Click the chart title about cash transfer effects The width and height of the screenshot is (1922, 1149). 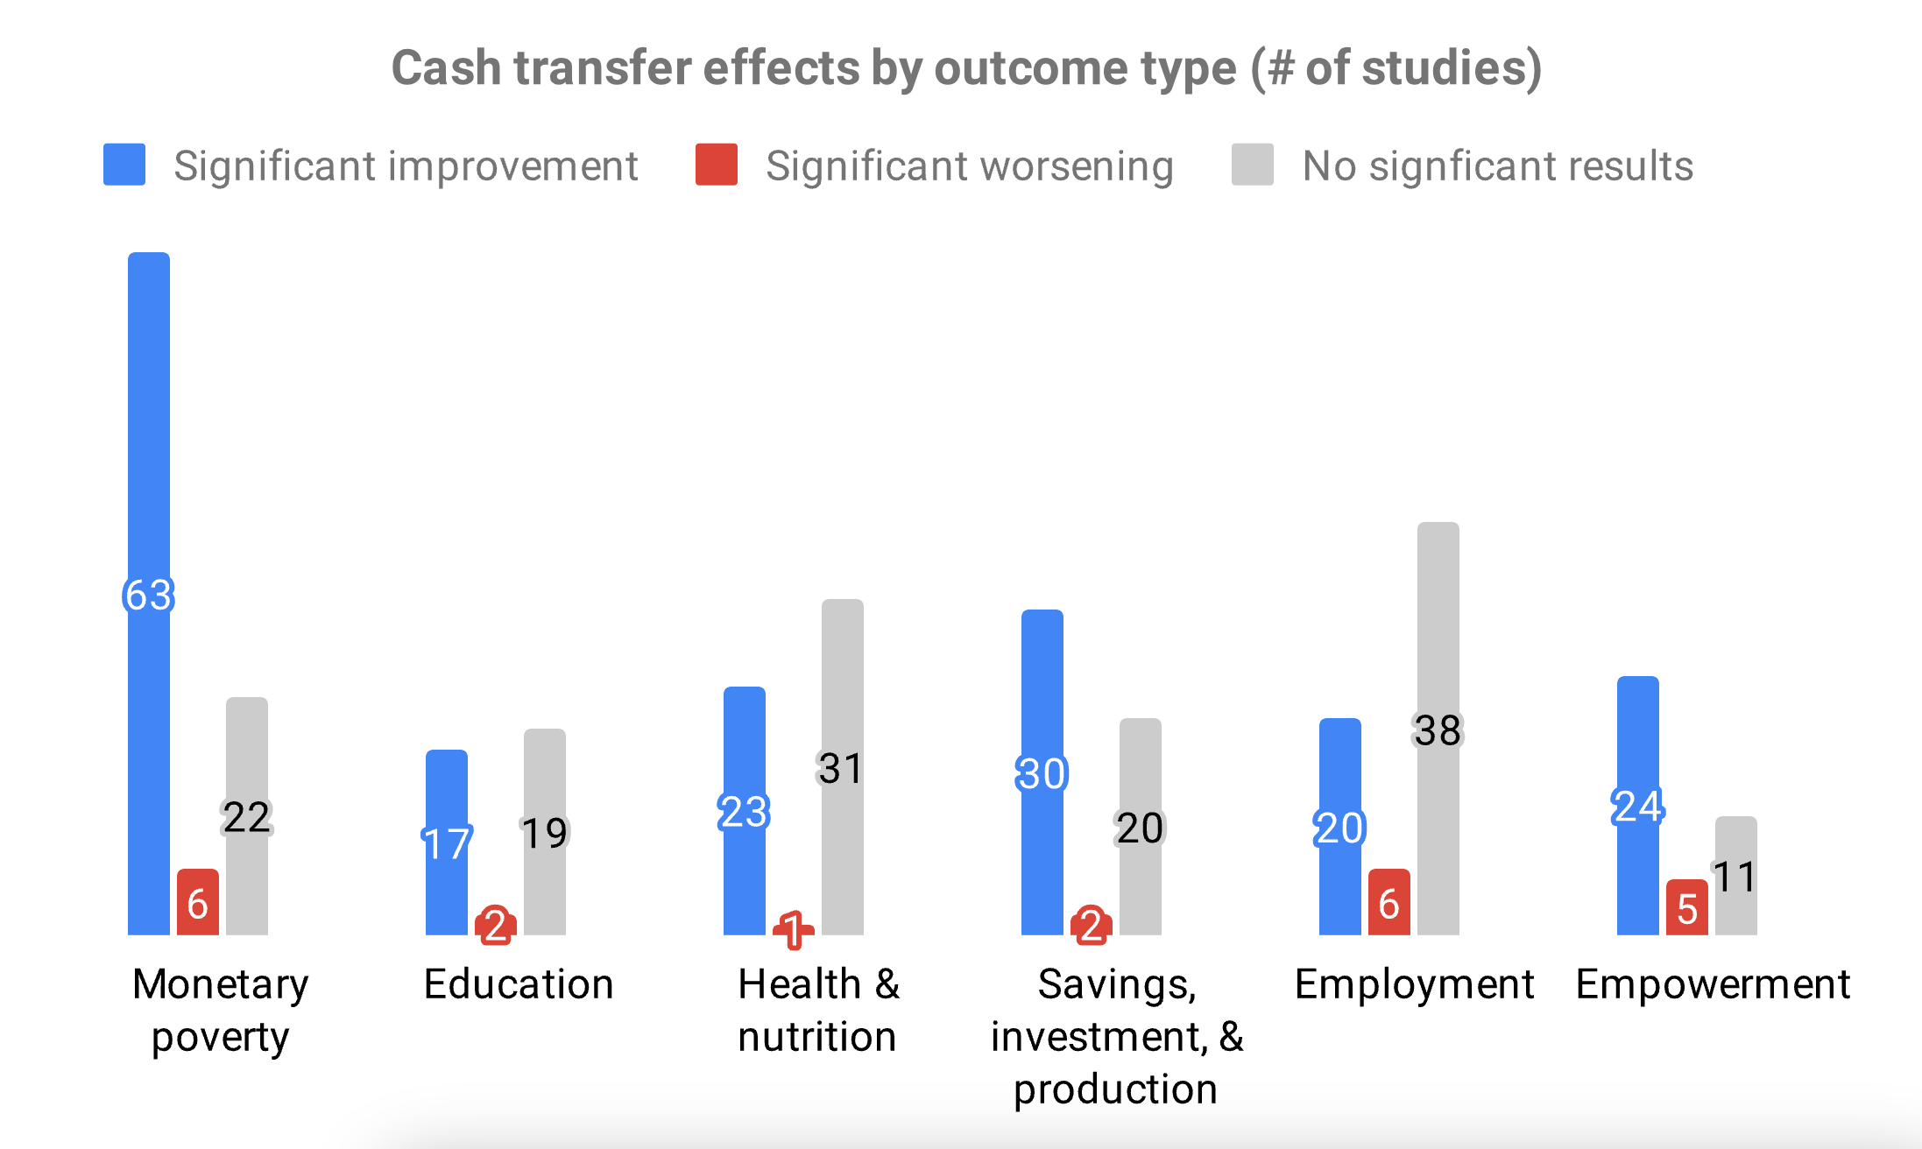(966, 68)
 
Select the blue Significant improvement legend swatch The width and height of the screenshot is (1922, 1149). (124, 165)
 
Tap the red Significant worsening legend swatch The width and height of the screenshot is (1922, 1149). (716, 165)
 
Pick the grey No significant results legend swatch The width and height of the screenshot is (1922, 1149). (1252, 165)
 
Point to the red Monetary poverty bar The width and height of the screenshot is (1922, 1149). (198, 902)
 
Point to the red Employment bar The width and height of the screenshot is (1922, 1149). (1389, 902)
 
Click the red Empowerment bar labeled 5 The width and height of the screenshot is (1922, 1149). (1687, 908)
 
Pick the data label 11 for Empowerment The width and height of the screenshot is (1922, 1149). (1735, 877)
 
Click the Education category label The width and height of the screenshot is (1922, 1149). (519, 984)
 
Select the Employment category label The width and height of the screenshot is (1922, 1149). (1414, 984)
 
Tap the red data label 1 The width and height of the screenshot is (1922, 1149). (793, 929)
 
